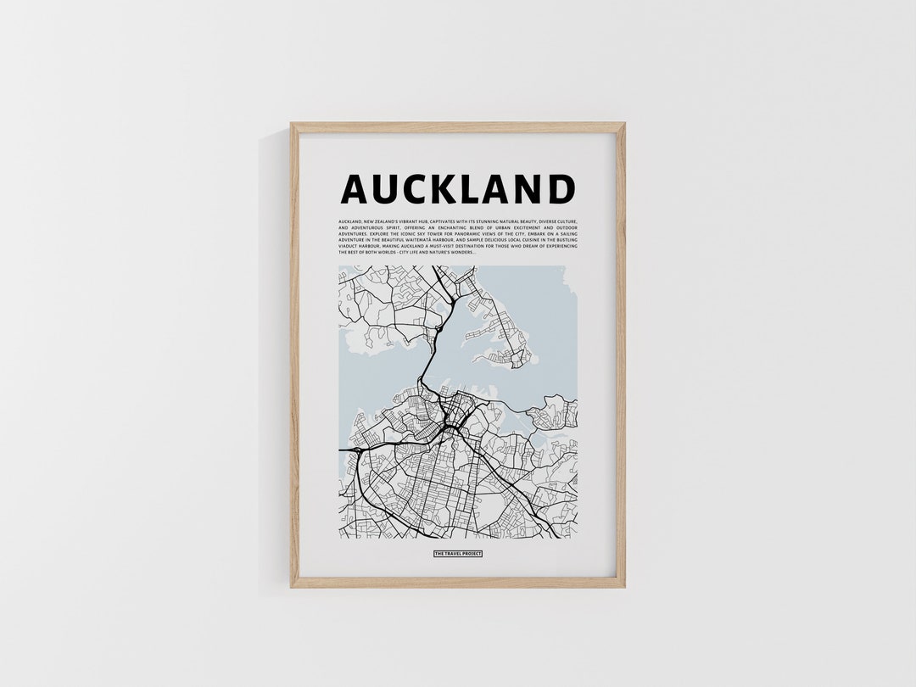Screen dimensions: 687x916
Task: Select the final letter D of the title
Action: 561,189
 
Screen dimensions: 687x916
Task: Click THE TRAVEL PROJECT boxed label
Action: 458,553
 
